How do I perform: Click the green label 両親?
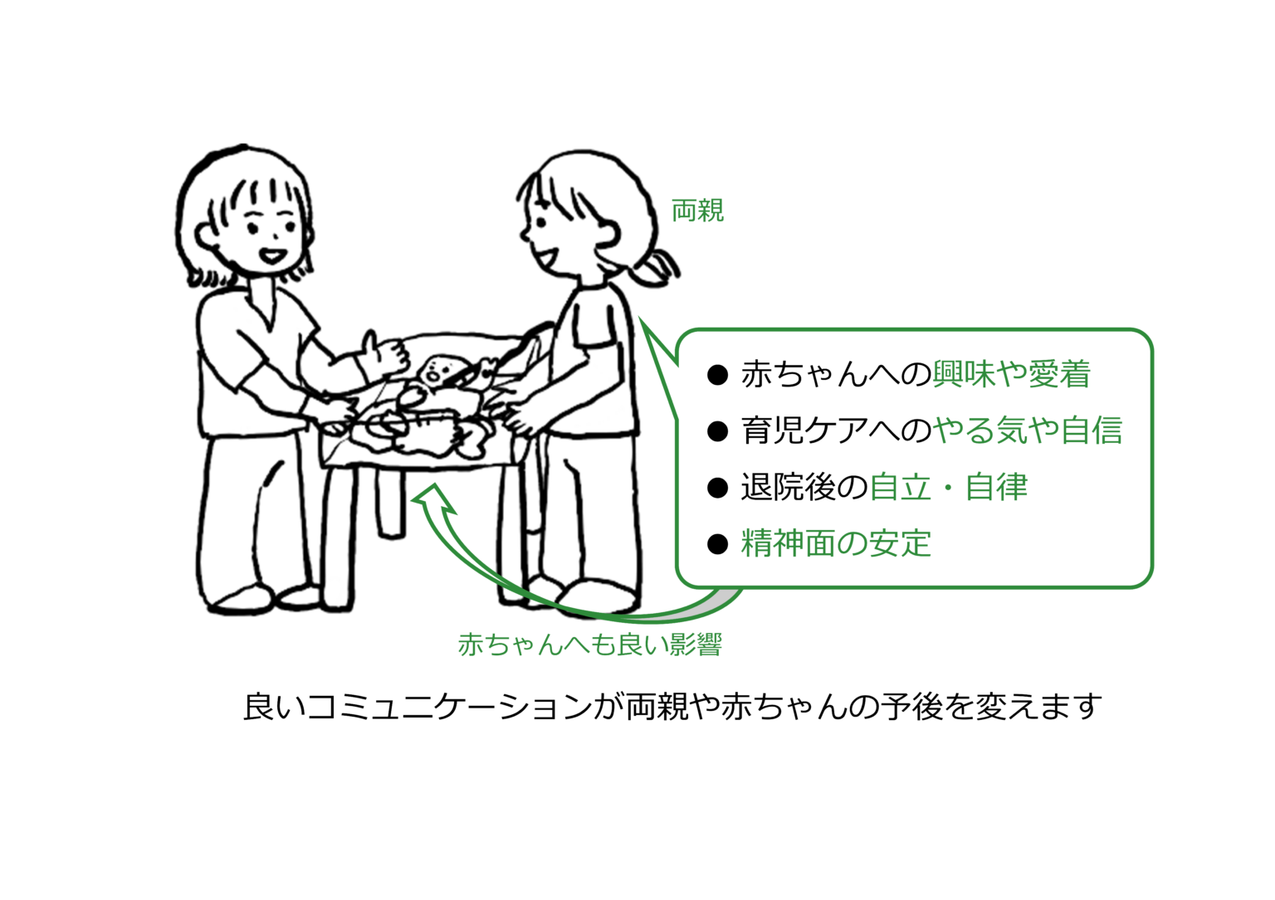697,211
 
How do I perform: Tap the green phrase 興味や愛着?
1011,374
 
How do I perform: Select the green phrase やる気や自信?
1027,430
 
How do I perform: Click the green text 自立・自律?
948,487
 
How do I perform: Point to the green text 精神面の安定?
836,542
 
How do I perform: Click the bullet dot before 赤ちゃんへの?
717,376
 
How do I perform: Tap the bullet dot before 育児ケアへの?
717,432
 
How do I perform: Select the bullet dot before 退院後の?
717,488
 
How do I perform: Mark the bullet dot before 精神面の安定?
717,544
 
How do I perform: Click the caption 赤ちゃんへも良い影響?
590,645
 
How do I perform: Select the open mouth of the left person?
272,255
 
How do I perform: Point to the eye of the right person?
542,221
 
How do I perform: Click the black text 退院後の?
804,487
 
